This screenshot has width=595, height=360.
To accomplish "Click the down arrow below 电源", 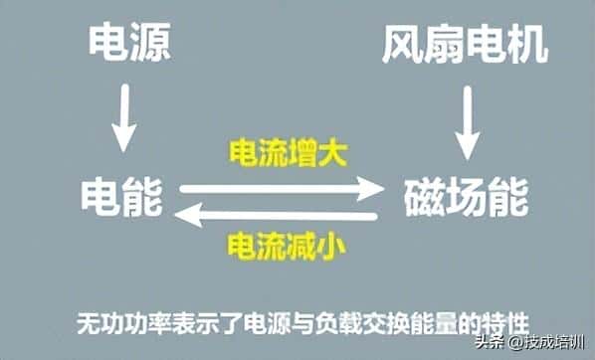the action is (123, 118).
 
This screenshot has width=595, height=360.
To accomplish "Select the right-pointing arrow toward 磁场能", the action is (282, 186).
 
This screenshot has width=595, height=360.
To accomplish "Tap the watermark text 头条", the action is (490, 344).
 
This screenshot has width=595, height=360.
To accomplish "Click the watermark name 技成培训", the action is (553, 344).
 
